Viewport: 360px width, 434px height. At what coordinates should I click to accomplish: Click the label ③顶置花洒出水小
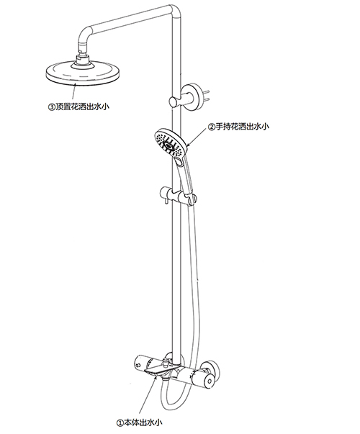[79, 107]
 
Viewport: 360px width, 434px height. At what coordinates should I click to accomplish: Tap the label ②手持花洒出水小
[238, 127]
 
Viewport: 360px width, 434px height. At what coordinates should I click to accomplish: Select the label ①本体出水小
[140, 422]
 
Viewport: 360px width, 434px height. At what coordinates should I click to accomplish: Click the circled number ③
[52, 107]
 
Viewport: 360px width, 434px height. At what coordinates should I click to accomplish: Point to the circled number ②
[211, 127]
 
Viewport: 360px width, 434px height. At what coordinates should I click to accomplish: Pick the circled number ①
[120, 423]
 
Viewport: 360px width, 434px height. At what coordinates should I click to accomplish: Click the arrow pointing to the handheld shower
[197, 136]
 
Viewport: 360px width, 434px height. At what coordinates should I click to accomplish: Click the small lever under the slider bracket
[166, 203]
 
